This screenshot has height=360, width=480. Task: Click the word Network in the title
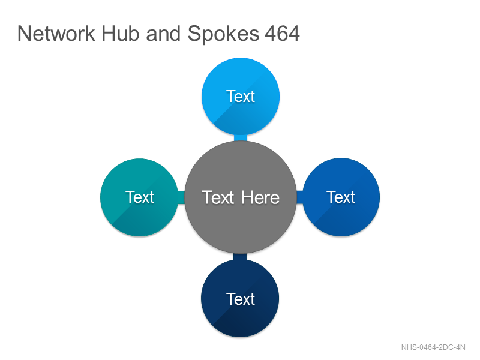[x=56, y=34]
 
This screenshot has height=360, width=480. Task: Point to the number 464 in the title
[x=282, y=34]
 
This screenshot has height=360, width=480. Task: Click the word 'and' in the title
[x=163, y=34]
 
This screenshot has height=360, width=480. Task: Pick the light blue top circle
[x=241, y=97]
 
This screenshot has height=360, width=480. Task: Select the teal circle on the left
[x=140, y=197]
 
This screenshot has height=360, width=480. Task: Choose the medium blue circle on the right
[x=341, y=197]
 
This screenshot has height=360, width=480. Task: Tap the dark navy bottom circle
[x=241, y=298]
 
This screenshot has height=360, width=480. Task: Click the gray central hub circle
[x=241, y=197]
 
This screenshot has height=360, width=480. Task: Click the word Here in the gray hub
[x=260, y=197]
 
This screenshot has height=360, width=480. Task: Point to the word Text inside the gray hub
[x=218, y=197]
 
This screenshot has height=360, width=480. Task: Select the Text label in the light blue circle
[x=241, y=97]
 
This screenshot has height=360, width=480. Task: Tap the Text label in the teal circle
[x=140, y=197]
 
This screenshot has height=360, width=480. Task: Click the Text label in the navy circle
[x=241, y=299]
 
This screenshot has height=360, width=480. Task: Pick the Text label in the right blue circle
[x=341, y=197]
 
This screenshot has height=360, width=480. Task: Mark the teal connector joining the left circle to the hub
[x=181, y=197]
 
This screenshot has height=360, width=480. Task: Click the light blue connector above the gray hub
[x=241, y=138]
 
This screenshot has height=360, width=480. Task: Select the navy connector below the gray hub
[x=241, y=257]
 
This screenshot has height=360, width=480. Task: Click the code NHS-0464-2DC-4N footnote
[x=433, y=347]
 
